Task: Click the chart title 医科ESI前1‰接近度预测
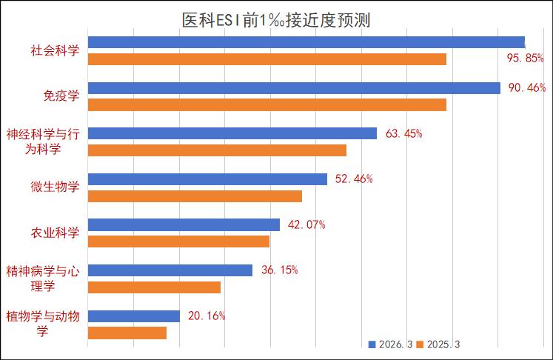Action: click(x=276, y=19)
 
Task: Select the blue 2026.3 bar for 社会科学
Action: click(x=306, y=42)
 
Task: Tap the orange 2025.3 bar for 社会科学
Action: click(x=267, y=59)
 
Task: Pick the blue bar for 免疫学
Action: click(x=295, y=88)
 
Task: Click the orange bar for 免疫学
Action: click(x=267, y=105)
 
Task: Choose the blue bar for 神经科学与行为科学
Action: click(x=232, y=133)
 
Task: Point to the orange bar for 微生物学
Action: click(x=195, y=196)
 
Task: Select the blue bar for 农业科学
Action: click(x=184, y=224)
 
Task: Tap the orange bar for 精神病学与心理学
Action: click(x=154, y=287)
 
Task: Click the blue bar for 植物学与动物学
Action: click(x=134, y=316)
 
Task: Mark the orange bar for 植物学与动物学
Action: click(x=127, y=333)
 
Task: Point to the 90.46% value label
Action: click(x=526, y=88)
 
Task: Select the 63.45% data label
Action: click(x=404, y=134)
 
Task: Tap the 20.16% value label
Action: click(x=207, y=316)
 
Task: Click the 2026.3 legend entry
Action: click(x=392, y=344)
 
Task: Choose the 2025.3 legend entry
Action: click(x=442, y=344)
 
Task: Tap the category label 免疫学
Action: click(x=61, y=96)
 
